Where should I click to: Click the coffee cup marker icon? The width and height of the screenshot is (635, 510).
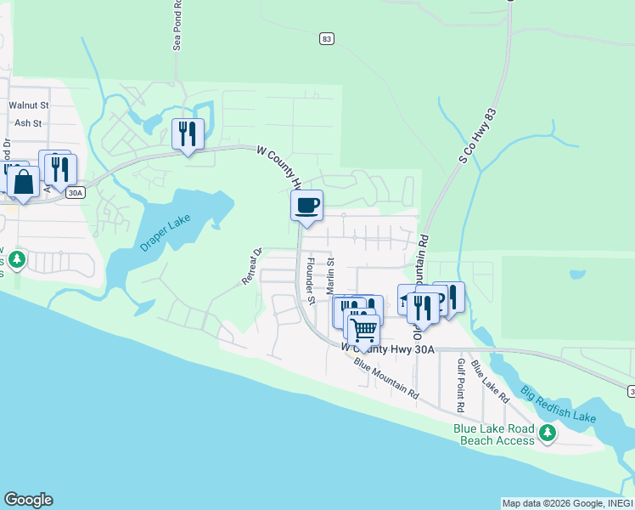pos(306,205)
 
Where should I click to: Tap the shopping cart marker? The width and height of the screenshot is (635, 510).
pos(363,330)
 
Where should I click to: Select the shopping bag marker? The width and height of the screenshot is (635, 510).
pos(24,182)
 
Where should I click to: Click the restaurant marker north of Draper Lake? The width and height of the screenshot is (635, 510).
pos(188,133)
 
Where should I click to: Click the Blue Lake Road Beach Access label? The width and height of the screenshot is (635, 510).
pos(497,434)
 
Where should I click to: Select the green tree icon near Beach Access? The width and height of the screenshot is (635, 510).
pos(548,434)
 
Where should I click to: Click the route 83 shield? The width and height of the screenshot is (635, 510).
pos(327,38)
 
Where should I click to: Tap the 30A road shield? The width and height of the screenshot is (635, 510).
pos(76,193)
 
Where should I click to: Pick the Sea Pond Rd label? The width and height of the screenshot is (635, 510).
pos(177,25)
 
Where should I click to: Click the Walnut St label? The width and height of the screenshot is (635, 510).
pos(29,105)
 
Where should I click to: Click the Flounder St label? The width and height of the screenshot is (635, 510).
pos(311,281)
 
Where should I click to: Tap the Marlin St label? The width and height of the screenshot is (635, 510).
pos(331,276)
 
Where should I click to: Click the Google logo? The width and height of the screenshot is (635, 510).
pos(28,500)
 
